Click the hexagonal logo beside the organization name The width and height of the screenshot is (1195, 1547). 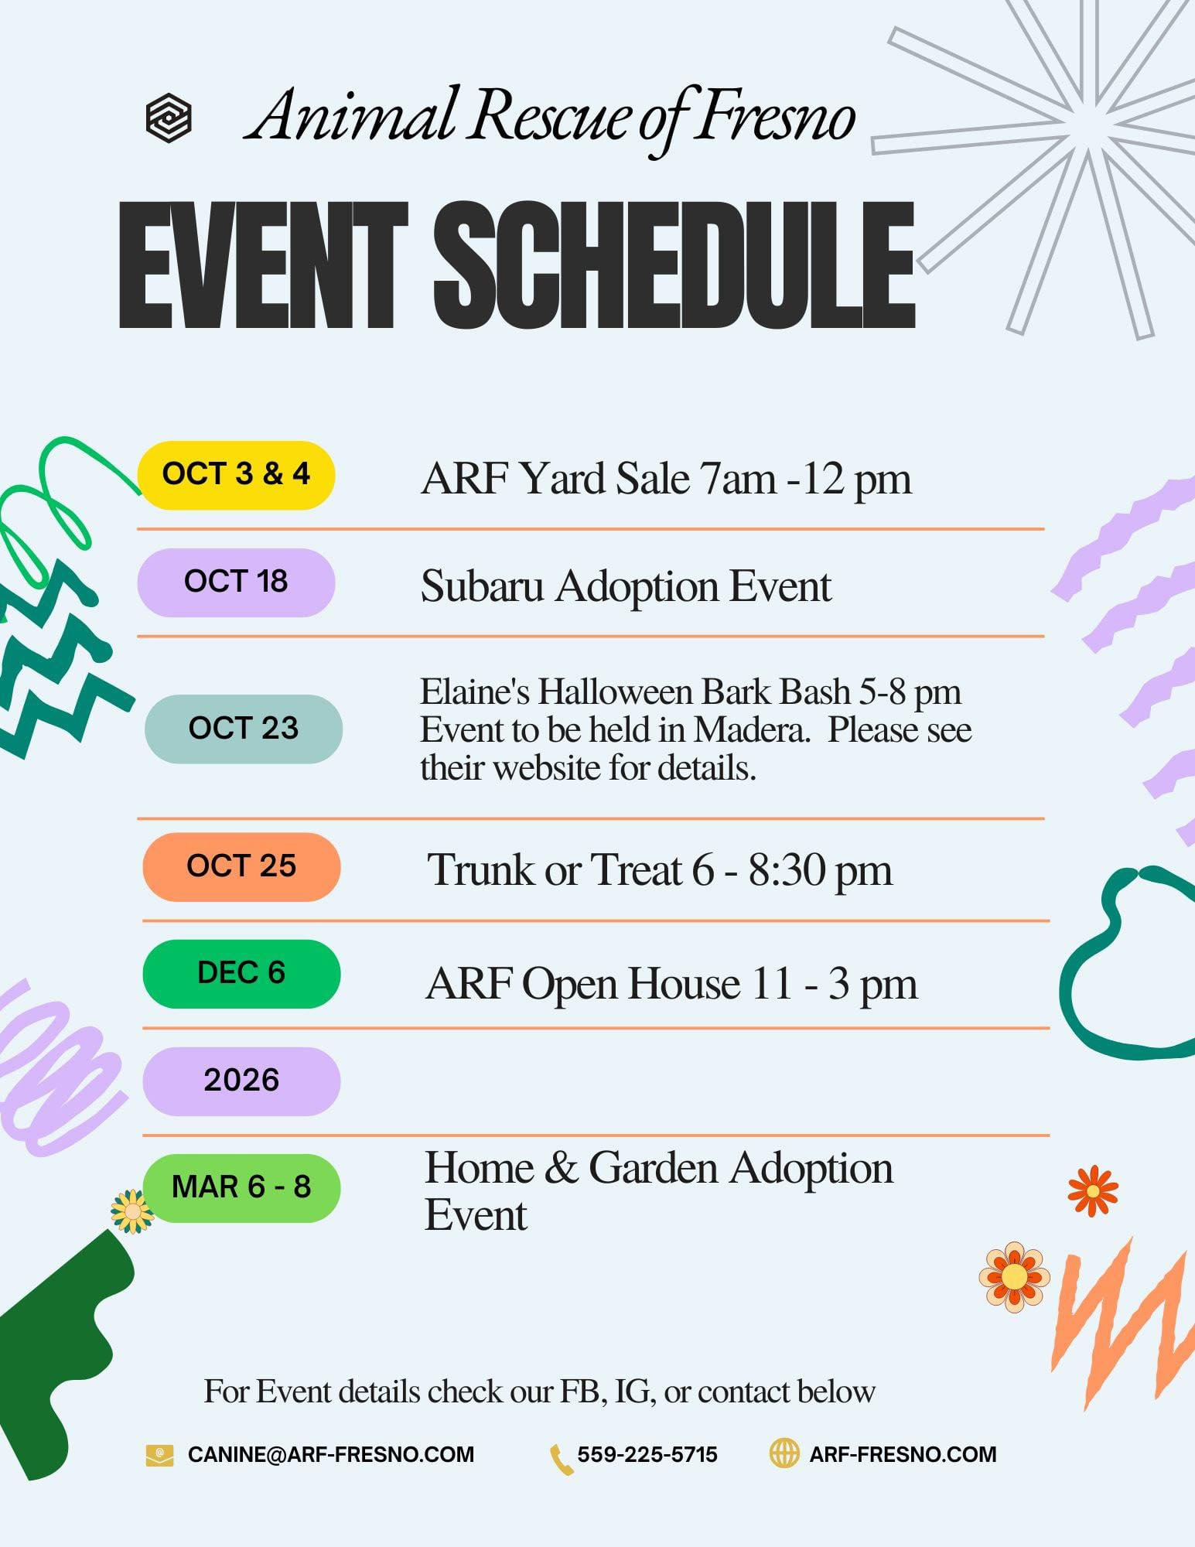pyautogui.click(x=169, y=118)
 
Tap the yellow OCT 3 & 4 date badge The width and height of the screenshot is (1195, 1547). pyautogui.click(x=236, y=475)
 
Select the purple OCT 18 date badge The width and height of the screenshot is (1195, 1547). pyautogui.click(x=236, y=582)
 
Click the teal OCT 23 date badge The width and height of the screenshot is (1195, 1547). pyautogui.click(x=244, y=729)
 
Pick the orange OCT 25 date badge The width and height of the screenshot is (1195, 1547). pyautogui.click(x=241, y=866)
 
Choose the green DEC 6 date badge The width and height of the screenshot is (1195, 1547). pyautogui.click(x=241, y=974)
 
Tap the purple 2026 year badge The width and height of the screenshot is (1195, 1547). pyautogui.click(x=241, y=1081)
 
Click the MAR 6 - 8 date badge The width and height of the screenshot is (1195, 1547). pyautogui.click(x=241, y=1188)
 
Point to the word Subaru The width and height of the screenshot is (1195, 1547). pyautogui.click(x=483, y=586)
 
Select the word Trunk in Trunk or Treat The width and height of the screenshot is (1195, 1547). pyautogui.click(x=480, y=869)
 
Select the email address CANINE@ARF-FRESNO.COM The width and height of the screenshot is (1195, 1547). pyautogui.click(x=331, y=1454)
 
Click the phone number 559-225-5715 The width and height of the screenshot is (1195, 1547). pyautogui.click(x=647, y=1454)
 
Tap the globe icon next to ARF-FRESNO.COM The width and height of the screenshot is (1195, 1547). pyautogui.click(x=784, y=1453)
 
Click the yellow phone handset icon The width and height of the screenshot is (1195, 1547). pyautogui.click(x=561, y=1459)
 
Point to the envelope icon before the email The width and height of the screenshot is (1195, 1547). pyautogui.click(x=159, y=1455)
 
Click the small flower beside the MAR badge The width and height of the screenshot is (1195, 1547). pyautogui.click(x=131, y=1211)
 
